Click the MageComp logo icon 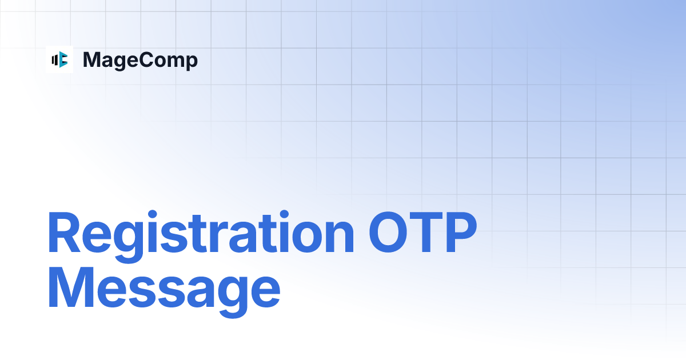point(59,59)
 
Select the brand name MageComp point(140,60)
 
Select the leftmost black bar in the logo point(53,59)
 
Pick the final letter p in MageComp point(192,62)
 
